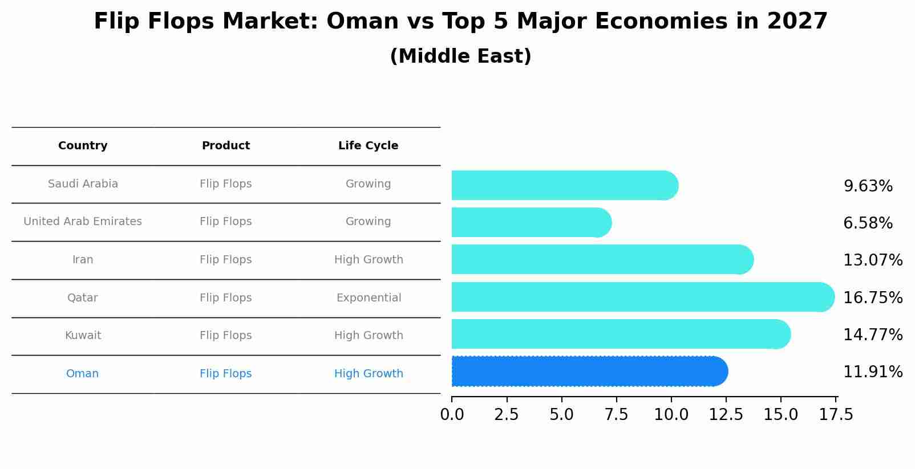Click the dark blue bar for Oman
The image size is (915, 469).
pyautogui.click(x=588, y=372)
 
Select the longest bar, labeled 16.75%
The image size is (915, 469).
pyautogui.click(x=642, y=297)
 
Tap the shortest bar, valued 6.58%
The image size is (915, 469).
pyautogui.click(x=531, y=222)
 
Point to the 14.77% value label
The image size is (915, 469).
pyautogui.click(x=872, y=335)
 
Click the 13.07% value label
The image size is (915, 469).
pyautogui.click(x=872, y=260)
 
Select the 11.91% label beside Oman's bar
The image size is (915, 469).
pyautogui.click(x=872, y=372)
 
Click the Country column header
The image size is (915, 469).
pyautogui.click(x=83, y=146)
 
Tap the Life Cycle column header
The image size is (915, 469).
pyautogui.click(x=368, y=146)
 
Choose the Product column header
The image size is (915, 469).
pyautogui.click(x=226, y=146)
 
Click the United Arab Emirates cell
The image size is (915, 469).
pyautogui.click(x=83, y=222)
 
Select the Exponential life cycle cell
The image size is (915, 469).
pyautogui.click(x=369, y=298)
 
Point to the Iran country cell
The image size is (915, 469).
pyautogui.click(x=83, y=260)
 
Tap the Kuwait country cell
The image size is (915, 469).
pyautogui.click(x=83, y=336)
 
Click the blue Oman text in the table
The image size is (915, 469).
pyautogui.click(x=82, y=374)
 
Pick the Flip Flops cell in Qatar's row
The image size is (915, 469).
pyautogui.click(x=226, y=298)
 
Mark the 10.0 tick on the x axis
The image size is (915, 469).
pyautogui.click(x=671, y=415)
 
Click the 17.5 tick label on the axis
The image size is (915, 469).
pyautogui.click(x=836, y=415)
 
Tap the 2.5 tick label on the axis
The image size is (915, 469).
pyautogui.click(x=507, y=415)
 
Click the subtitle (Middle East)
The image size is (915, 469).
pyautogui.click(x=460, y=56)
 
